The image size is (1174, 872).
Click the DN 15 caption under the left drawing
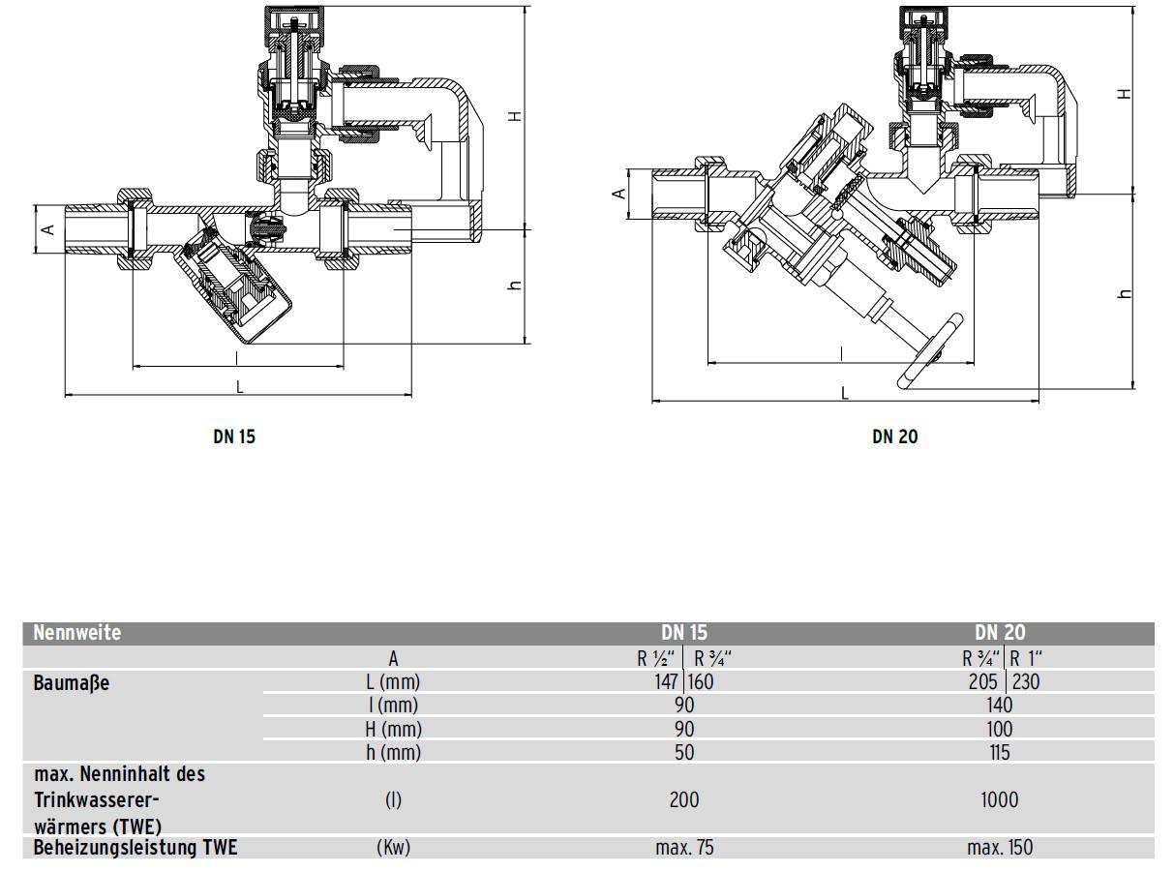pyautogui.click(x=234, y=436)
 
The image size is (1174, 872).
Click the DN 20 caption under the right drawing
pyautogui.click(x=894, y=436)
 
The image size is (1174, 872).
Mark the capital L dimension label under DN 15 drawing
pyautogui.click(x=239, y=386)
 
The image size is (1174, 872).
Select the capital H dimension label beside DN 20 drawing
pyautogui.click(x=1123, y=94)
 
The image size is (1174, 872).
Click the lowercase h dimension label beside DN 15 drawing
pyautogui.click(x=515, y=286)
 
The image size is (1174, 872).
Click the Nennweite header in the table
pyautogui.click(x=77, y=633)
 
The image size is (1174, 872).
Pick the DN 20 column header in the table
pyautogui.click(x=1000, y=633)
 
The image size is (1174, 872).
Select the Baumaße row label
pyautogui.click(x=72, y=682)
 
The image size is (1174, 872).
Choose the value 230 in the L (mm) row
pyautogui.click(x=1026, y=681)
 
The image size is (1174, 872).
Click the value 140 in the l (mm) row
pyautogui.click(x=999, y=705)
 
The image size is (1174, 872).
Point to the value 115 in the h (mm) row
pyautogui.click(x=999, y=752)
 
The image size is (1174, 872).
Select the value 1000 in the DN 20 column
pyautogui.click(x=999, y=799)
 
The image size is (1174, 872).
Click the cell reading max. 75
pyautogui.click(x=684, y=848)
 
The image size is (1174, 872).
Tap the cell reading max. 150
pyautogui.click(x=999, y=848)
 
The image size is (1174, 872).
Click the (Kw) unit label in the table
pyautogui.click(x=393, y=848)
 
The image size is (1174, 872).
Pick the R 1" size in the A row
pyautogui.click(x=1027, y=658)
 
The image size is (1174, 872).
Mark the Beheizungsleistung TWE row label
pyautogui.click(x=135, y=848)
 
